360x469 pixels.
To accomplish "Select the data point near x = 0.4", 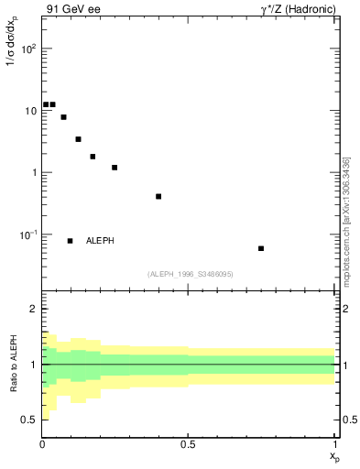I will [x=158, y=196].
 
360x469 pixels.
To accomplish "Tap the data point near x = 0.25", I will [x=115, y=168].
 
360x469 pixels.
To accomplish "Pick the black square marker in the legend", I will [x=70, y=241].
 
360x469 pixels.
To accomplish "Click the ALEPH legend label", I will [x=100, y=241].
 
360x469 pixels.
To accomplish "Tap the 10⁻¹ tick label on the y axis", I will [x=27, y=235].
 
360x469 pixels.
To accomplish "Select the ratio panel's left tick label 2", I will [x=32, y=310].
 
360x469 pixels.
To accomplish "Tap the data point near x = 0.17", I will [x=93, y=157].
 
